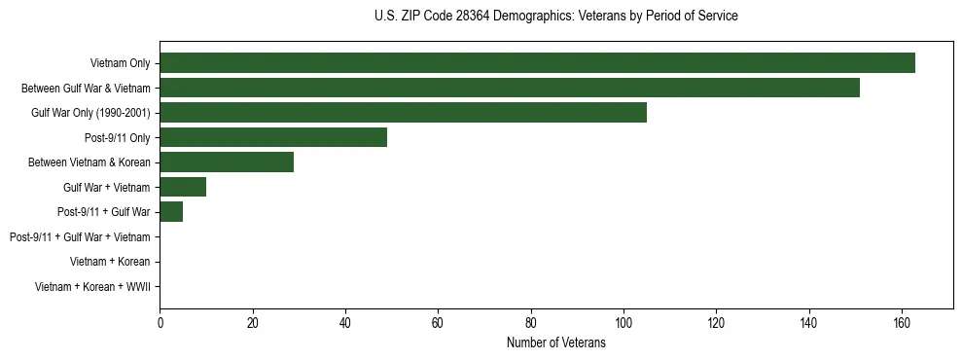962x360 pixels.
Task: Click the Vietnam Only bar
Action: (537, 63)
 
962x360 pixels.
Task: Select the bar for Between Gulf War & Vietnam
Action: (510, 88)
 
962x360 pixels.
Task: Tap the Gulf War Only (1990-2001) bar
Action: (403, 113)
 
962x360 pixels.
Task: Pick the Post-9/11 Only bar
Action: (273, 137)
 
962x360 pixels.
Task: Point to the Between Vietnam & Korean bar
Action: (227, 162)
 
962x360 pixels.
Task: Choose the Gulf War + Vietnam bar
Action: (183, 187)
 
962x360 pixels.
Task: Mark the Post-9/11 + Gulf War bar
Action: (171, 212)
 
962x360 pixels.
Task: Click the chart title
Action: (555, 17)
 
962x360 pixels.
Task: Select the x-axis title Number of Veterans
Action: (555, 342)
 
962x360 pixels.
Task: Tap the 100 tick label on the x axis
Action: (624, 323)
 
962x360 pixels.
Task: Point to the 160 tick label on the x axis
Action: (902, 323)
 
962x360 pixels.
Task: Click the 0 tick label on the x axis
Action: (160, 323)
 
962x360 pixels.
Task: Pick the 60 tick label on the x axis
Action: (438, 323)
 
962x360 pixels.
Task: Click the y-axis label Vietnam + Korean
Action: (110, 262)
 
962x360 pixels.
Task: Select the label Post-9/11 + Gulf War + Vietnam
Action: (80, 237)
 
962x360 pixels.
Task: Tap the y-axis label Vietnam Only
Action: (120, 64)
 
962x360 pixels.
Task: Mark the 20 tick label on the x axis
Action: (252, 323)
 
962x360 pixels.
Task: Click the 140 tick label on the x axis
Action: (809, 323)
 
